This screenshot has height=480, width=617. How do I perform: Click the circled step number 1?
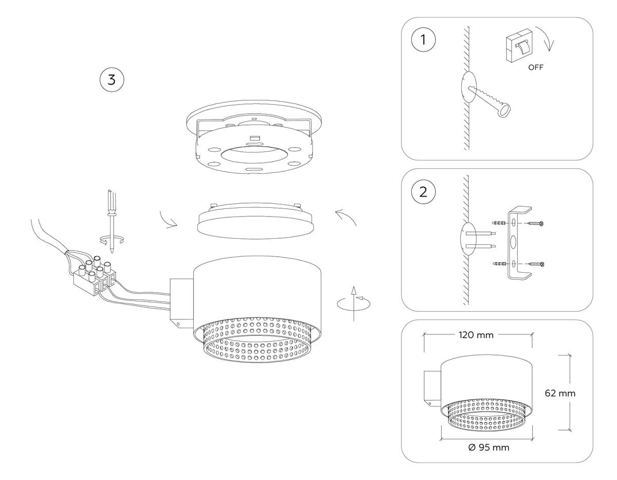pos(423,41)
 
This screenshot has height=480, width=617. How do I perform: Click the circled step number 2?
pos(423,192)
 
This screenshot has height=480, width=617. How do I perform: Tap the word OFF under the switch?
pos(536,67)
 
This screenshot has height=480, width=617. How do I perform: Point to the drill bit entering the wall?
pos(491,101)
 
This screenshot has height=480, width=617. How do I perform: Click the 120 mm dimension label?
pos(476,335)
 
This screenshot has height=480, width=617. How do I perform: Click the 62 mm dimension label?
pos(560,394)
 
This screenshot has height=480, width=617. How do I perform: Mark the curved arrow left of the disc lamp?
pos(168,219)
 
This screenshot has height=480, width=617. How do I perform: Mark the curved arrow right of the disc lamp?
pos(346,217)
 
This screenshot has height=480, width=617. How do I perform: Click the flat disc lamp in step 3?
pos(256,222)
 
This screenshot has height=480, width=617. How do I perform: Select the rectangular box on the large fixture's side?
pos(181,302)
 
